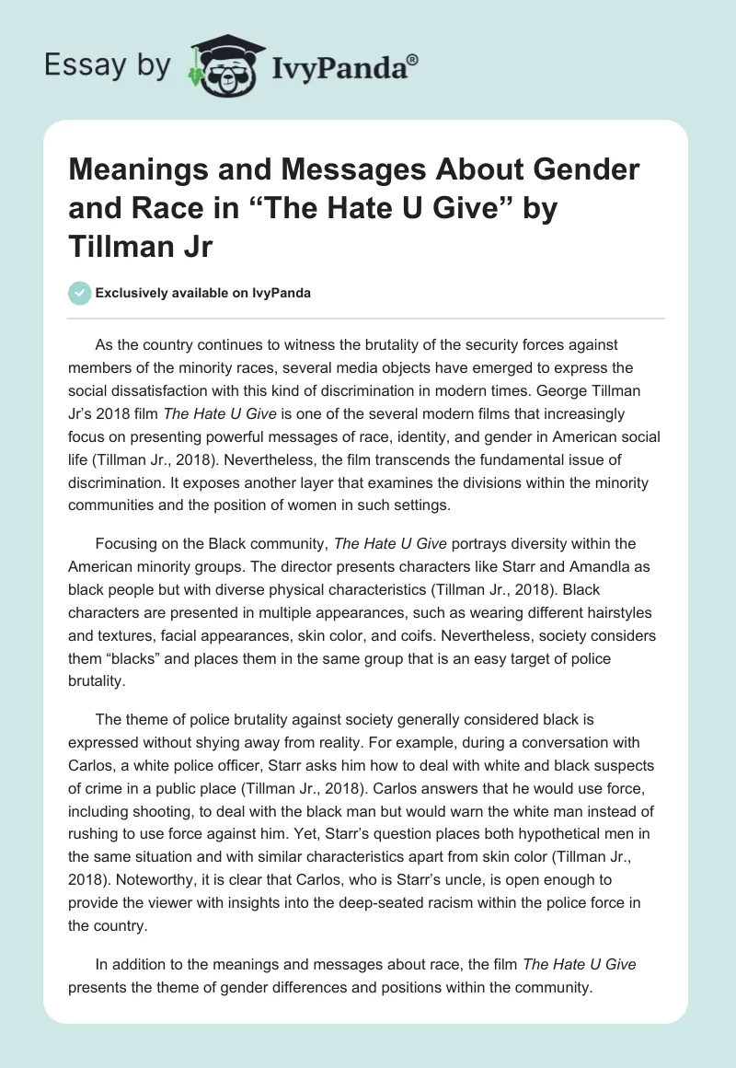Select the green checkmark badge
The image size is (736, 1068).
pyautogui.click(x=79, y=293)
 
